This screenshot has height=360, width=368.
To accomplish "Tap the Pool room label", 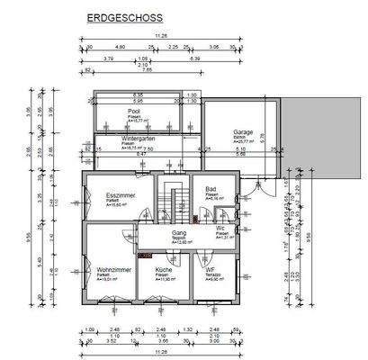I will click(133, 112).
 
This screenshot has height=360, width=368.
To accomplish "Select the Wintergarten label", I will click(138, 139).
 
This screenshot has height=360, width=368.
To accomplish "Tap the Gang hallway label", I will click(179, 232).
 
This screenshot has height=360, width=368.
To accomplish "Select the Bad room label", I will click(211, 189).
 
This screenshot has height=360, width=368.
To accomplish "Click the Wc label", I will click(220, 229).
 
